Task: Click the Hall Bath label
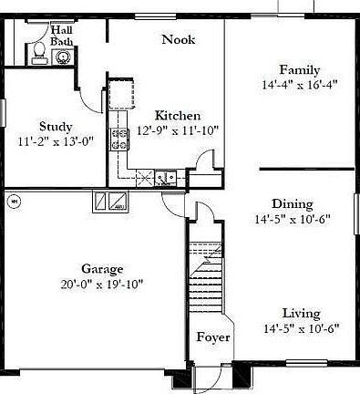point(63,35)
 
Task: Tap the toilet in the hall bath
point(38,53)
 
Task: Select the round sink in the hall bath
point(62,57)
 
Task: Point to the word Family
point(298,70)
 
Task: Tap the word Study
point(56,127)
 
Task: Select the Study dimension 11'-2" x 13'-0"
point(56,142)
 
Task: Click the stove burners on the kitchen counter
point(119,140)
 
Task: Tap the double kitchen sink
point(164,178)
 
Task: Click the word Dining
point(293,203)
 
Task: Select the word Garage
point(102,268)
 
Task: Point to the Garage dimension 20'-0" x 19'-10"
point(102,283)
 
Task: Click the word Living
point(301,313)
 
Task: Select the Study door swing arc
point(86,91)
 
